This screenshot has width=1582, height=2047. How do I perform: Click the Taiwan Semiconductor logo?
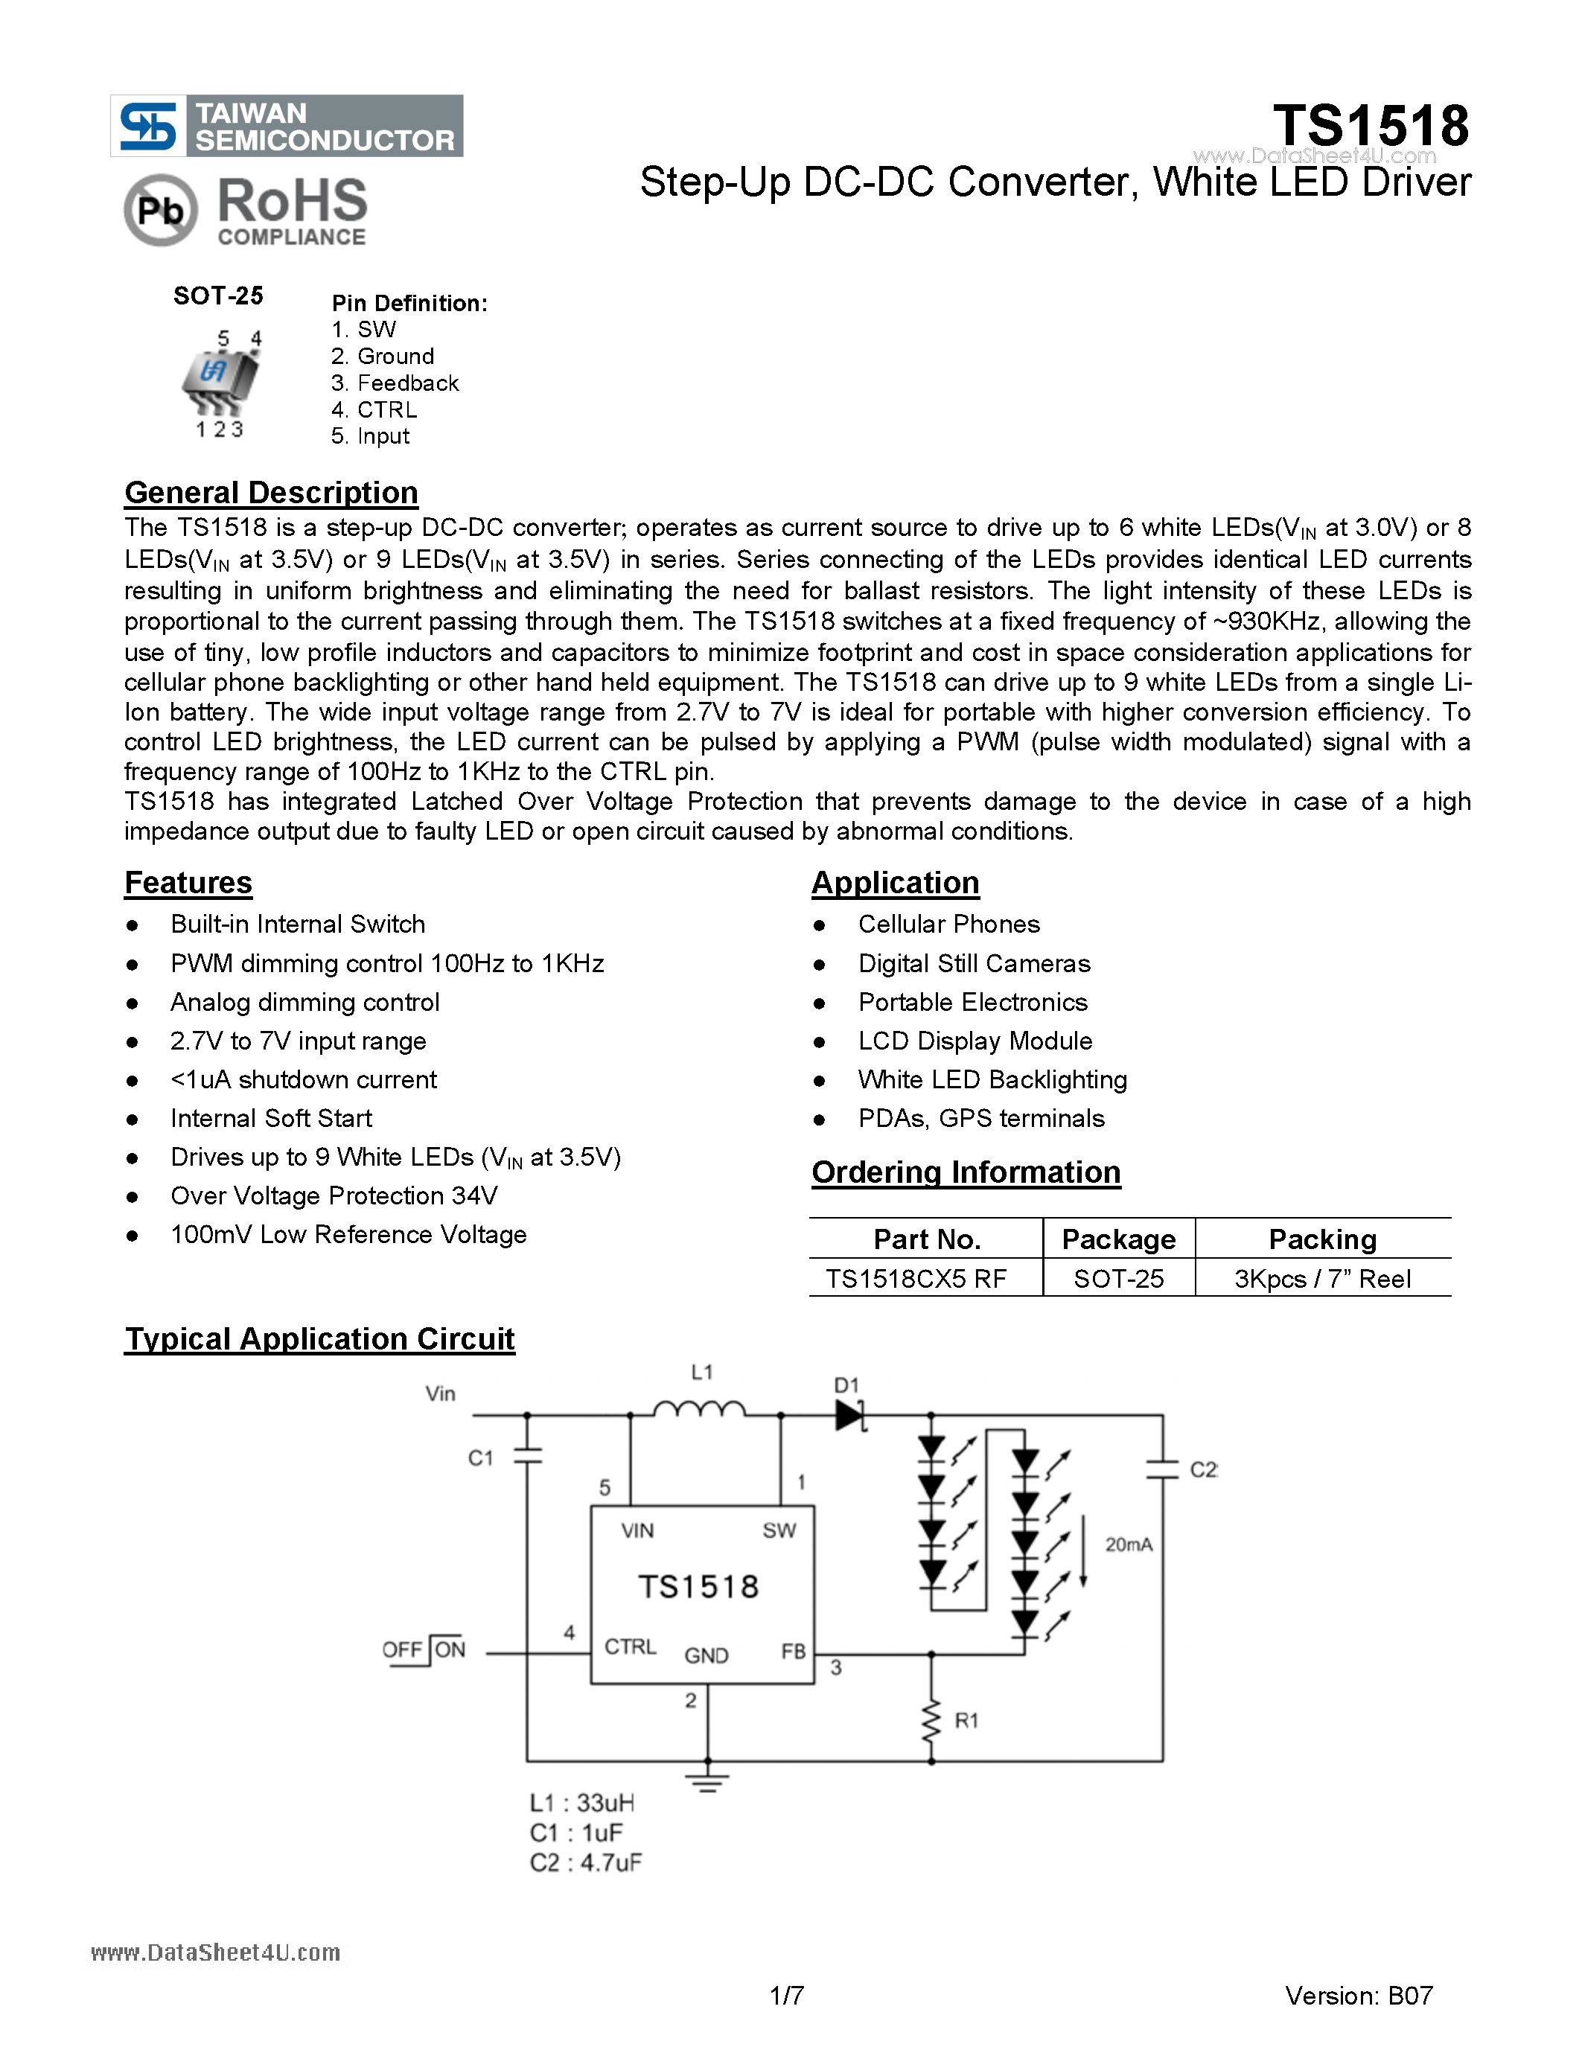[x=286, y=126]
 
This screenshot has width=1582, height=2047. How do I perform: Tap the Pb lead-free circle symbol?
[x=160, y=210]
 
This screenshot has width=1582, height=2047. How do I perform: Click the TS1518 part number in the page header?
[x=1370, y=126]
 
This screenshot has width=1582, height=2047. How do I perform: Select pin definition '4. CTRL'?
[x=374, y=409]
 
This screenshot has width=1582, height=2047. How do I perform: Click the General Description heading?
[x=271, y=493]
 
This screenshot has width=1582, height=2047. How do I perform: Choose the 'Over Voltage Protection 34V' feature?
[x=334, y=1196]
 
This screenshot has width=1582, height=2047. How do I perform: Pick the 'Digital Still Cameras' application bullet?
[x=974, y=963]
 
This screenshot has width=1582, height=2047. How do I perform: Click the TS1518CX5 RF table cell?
[x=916, y=1278]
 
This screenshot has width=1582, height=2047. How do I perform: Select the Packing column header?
[x=1321, y=1239]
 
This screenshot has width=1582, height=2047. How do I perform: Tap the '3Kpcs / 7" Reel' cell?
[x=1321, y=1278]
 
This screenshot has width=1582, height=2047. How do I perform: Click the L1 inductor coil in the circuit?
[x=699, y=1409]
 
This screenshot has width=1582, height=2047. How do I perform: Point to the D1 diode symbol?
[x=850, y=1415]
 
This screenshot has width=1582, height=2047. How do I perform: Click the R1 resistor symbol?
[x=931, y=1721]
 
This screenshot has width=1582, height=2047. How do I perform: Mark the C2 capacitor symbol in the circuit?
[x=1162, y=1469]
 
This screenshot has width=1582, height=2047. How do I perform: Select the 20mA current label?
[x=1129, y=1545]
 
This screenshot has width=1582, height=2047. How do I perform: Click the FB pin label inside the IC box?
[x=793, y=1652]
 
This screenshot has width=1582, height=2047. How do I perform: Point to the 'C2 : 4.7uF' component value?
[x=586, y=1862]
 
